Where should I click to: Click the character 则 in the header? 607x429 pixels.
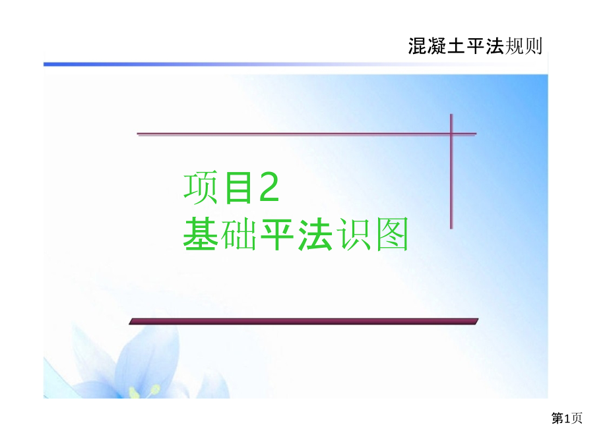[533, 46]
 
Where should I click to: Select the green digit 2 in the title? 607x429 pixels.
[269, 187]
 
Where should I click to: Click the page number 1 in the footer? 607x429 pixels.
[568, 418]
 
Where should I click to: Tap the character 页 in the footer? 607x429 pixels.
[577, 418]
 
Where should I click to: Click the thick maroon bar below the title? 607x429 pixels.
[303, 321]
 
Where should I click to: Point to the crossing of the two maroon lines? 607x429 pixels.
[452, 134]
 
